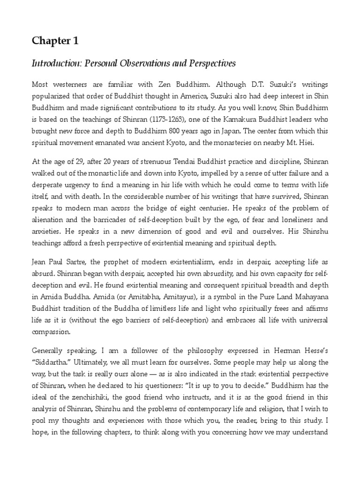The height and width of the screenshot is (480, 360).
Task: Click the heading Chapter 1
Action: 55,41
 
